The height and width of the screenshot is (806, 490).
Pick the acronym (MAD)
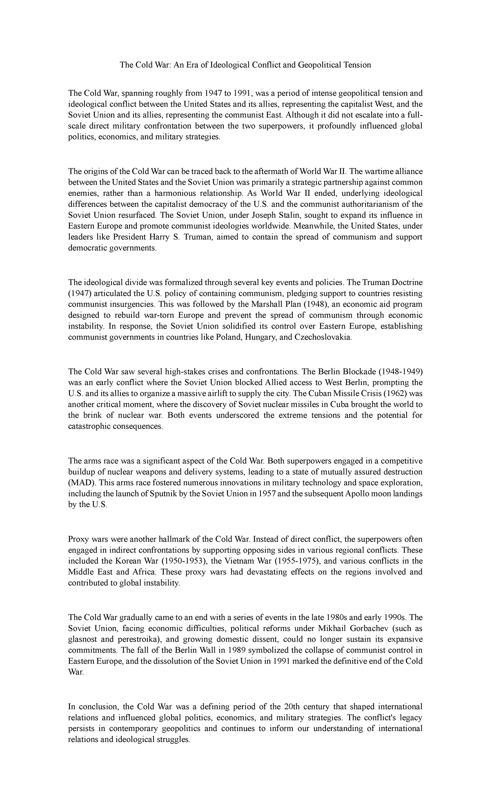tap(81, 483)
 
